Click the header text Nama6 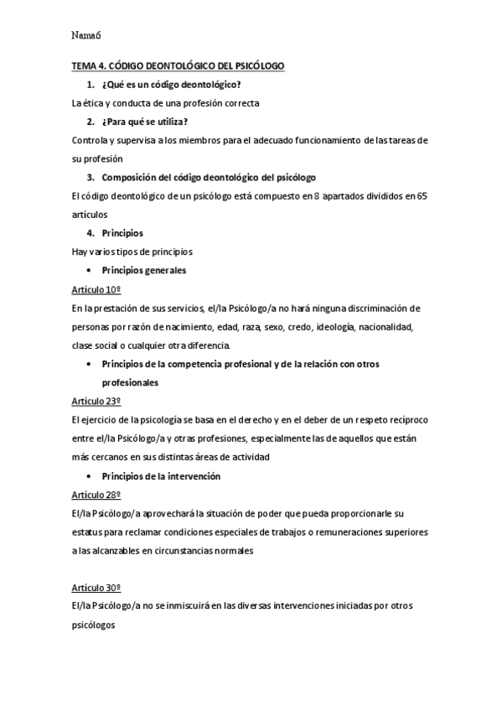tap(86, 35)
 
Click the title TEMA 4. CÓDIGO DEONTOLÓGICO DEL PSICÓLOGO tap(178, 65)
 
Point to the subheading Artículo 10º tap(97, 289)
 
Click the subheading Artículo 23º tap(97, 401)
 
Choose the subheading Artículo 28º tap(97, 494)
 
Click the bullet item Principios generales tap(143, 271)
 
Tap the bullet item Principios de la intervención tap(161, 475)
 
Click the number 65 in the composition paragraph tap(422, 196)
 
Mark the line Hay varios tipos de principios tap(132, 252)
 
